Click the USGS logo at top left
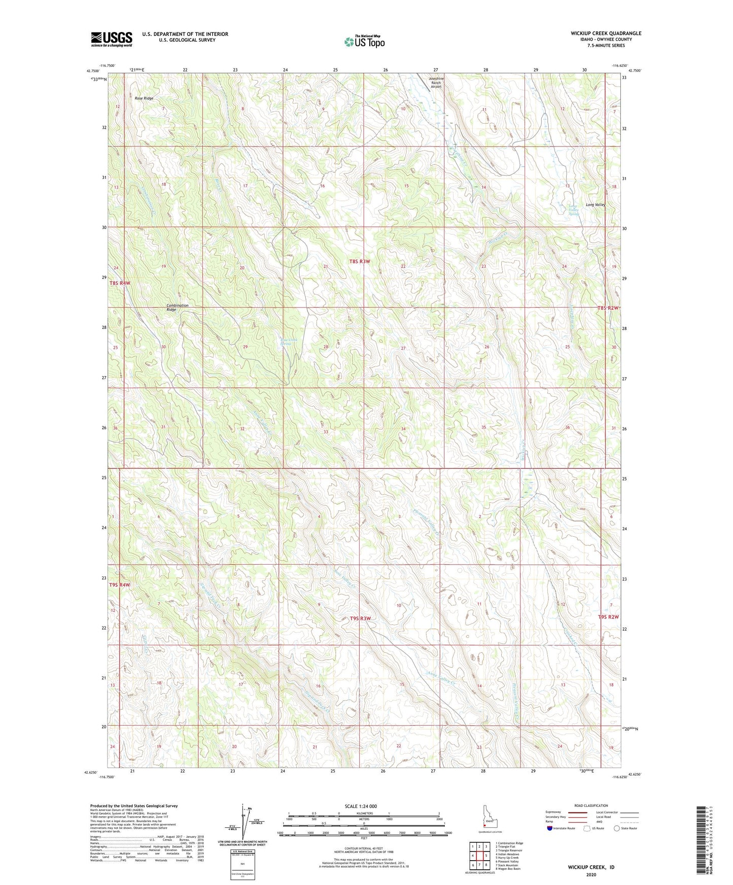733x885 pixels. [x=111, y=39]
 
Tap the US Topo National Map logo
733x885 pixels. [x=364, y=42]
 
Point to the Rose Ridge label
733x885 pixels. [x=144, y=98]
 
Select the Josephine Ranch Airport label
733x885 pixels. [x=436, y=83]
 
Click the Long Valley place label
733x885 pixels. [x=595, y=205]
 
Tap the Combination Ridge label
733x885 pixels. [x=177, y=307]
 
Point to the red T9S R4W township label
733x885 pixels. [x=120, y=585]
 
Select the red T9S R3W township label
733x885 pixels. [x=360, y=618]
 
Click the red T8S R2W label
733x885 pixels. [x=608, y=308]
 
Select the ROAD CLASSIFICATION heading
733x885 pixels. [x=591, y=805]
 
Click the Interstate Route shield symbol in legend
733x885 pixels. [x=550, y=828]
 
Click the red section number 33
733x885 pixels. [x=326, y=432]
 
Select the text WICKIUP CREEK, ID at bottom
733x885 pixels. [x=591, y=867]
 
